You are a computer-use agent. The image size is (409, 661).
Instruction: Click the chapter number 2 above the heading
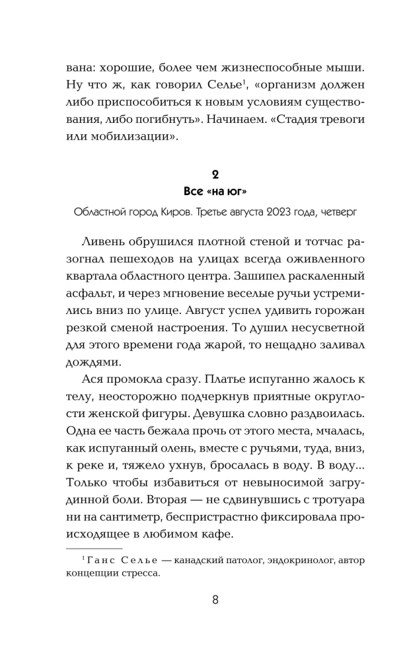[x=215, y=175]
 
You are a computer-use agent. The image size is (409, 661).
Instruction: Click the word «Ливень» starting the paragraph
[x=105, y=241]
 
